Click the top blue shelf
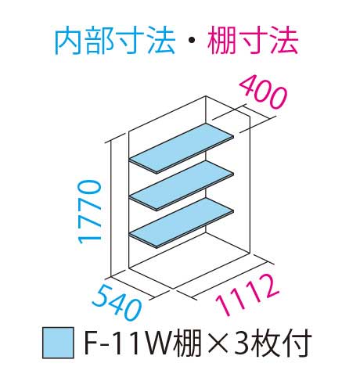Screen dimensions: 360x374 point(182,148)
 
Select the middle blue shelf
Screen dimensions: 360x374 point(182,185)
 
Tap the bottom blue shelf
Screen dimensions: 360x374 point(182,222)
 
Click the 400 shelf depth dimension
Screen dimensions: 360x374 point(263,92)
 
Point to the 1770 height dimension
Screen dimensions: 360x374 point(90,211)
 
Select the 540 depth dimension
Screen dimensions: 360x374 point(117,302)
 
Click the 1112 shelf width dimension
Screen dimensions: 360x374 point(247,295)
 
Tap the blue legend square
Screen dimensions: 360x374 point(58,343)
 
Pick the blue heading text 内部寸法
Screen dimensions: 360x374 point(115,41)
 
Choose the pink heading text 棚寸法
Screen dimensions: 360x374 point(252,41)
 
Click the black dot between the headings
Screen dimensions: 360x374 point(192,41)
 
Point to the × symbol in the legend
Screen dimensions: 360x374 point(218,343)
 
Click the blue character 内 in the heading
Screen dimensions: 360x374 point(69,41)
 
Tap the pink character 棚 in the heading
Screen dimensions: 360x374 point(221,41)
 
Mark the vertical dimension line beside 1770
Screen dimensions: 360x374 point(111,209)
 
